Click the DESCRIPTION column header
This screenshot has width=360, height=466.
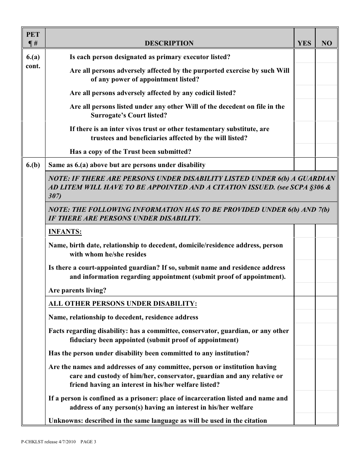point(169,43)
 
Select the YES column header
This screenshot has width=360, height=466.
point(304,43)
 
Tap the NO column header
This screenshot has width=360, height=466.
point(326,43)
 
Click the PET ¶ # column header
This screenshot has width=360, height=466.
point(33,39)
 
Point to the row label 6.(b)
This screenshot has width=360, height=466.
point(33,165)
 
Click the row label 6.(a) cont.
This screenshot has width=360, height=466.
point(33,61)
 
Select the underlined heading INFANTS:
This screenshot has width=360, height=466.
point(65,231)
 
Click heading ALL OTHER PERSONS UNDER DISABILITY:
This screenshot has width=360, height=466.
point(123,303)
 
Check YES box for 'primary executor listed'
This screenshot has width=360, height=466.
point(304,57)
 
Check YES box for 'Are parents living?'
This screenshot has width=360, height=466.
point(304,290)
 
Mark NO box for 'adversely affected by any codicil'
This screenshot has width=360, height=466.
point(326,92)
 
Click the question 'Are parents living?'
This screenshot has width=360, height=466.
point(77,291)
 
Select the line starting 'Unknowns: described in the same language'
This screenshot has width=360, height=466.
point(158,421)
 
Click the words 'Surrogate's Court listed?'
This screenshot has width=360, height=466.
point(129,116)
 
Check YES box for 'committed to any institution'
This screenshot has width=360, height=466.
point(304,353)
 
